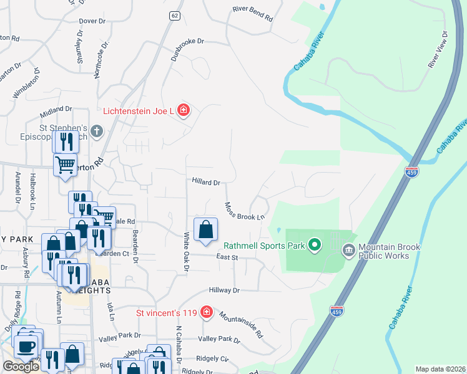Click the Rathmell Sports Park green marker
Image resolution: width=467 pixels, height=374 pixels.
(x=315, y=245)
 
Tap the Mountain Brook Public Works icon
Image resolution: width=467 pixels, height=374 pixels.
(x=348, y=251)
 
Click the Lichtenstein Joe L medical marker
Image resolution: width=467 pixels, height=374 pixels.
(x=183, y=111)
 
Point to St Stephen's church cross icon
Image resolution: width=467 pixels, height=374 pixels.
(x=96, y=132)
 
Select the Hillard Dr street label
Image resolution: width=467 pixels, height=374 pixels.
(x=206, y=183)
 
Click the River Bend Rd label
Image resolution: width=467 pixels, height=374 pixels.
(x=252, y=14)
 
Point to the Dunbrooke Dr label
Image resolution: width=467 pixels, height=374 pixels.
(x=188, y=49)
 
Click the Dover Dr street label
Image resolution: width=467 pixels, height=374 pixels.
(x=92, y=21)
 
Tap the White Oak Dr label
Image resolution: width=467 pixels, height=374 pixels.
(x=186, y=252)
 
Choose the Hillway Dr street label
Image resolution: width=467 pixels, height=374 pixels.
(x=224, y=290)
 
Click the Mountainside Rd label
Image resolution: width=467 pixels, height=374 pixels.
(x=241, y=324)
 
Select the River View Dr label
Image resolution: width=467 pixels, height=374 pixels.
(x=437, y=49)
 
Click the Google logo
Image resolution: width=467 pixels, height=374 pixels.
(x=21, y=367)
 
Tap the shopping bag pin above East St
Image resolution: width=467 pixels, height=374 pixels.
(x=205, y=230)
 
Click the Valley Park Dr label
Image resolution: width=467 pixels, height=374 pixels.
(x=219, y=339)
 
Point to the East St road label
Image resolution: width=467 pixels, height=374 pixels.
(x=227, y=257)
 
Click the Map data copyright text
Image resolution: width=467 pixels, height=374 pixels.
(x=439, y=369)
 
